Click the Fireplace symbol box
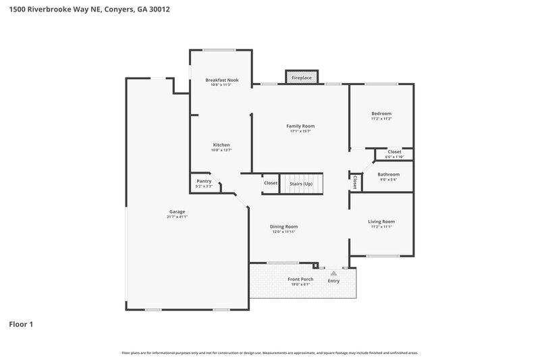coord(301,78)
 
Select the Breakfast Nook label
coord(221,80)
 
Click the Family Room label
coord(300,126)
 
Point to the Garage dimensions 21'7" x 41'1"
coord(177,217)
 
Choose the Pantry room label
coord(204,181)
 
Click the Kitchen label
coord(221,145)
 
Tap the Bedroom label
coord(381,113)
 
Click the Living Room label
coord(381,222)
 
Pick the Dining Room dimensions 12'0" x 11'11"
coord(284,232)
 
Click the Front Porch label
coord(301,279)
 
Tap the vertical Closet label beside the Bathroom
coord(354,182)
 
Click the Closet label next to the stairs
coord(271,183)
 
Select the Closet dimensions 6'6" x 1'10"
coord(394,157)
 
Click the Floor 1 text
coord(21,324)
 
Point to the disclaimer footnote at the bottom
coord(270,353)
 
